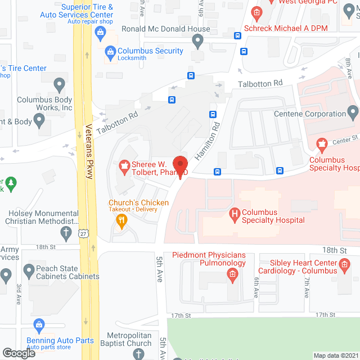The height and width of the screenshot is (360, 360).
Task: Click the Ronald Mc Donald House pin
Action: click(197, 40)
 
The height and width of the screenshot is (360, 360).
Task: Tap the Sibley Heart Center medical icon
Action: click(344, 264)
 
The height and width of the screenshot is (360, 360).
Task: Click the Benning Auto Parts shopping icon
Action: click(39, 325)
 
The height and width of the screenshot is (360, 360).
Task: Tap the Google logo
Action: click(18, 353)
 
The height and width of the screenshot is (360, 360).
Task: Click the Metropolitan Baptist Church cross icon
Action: click(138, 353)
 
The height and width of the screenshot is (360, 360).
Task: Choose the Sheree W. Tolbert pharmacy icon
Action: click(123, 165)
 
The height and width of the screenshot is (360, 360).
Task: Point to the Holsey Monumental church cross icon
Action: click(66, 232)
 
